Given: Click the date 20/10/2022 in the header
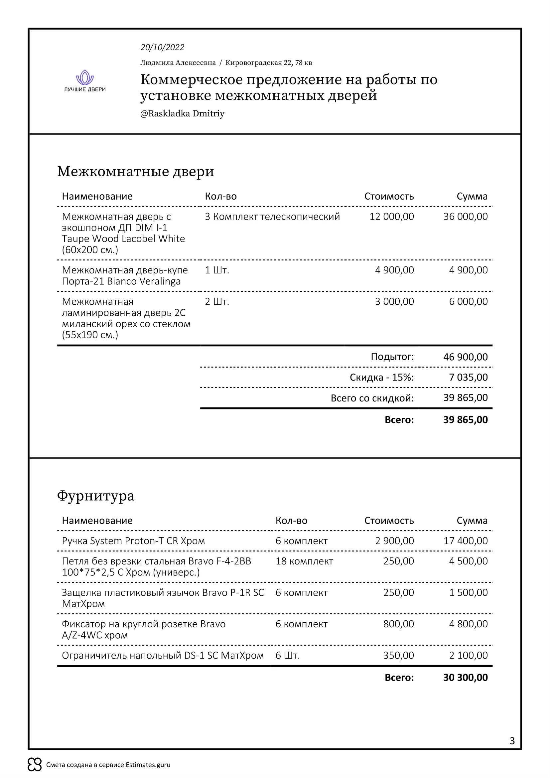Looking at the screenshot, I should click(x=162, y=48).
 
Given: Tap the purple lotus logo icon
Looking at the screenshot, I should click(x=85, y=77).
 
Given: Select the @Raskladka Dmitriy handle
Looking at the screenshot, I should click(x=182, y=113).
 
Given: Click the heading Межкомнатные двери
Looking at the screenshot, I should click(x=135, y=171).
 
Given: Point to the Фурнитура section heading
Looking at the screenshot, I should click(x=95, y=496).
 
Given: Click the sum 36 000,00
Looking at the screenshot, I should click(x=465, y=217).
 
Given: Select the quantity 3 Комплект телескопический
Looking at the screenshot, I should click(x=272, y=217).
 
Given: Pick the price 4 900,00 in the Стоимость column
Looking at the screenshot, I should click(x=394, y=270).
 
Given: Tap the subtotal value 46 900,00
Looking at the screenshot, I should click(x=465, y=357).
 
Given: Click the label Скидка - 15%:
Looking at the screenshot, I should click(x=382, y=378).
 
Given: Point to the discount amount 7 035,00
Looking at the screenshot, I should click(x=468, y=377).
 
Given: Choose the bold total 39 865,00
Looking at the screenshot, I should click(x=465, y=420).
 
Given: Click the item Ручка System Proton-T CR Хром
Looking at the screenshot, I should click(x=133, y=541).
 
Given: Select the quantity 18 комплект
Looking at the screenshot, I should click(x=304, y=561).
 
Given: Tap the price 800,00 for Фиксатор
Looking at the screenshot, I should click(x=398, y=624).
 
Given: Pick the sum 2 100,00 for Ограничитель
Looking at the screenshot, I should click(x=468, y=655).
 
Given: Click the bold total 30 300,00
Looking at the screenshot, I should click(x=465, y=677).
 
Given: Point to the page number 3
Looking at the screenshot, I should click(x=512, y=741).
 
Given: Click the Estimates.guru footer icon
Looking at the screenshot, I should click(x=35, y=764).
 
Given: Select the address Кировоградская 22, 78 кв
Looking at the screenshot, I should click(x=269, y=63).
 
